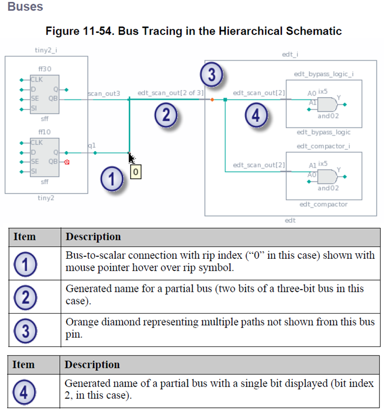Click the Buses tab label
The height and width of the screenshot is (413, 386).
click(x=25, y=7)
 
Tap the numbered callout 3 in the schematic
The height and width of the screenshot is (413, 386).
click(x=211, y=75)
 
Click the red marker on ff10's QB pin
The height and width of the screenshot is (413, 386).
click(x=66, y=162)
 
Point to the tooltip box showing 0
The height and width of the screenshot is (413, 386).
click(x=135, y=173)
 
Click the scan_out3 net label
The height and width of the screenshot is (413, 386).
click(x=104, y=94)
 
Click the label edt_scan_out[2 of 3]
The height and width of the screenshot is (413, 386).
click(x=170, y=93)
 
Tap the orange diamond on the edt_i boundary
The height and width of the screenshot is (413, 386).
click(x=212, y=99)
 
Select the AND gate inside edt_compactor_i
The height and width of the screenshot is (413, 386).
click(x=329, y=176)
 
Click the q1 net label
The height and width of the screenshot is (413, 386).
click(x=91, y=146)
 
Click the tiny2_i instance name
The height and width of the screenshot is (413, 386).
click(x=46, y=50)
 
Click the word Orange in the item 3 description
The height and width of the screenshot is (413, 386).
click(x=80, y=322)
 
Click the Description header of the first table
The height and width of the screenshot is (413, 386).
click(x=93, y=237)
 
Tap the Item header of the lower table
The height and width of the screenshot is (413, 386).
click(x=24, y=364)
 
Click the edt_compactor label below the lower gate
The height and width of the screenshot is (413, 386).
click(x=323, y=204)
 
